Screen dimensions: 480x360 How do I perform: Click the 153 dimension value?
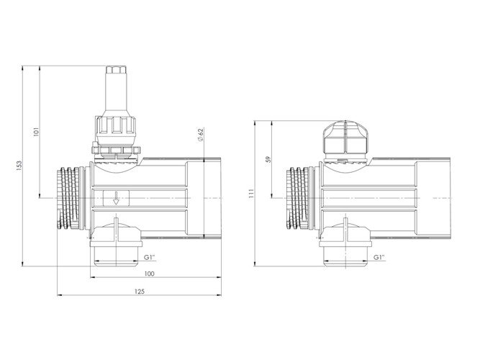[x=19, y=166]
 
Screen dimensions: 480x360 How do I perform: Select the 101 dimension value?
[x=37, y=132]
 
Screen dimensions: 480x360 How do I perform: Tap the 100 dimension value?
[x=150, y=274]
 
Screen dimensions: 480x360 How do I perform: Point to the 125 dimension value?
[x=140, y=292]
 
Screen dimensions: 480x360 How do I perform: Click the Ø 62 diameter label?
[x=201, y=135]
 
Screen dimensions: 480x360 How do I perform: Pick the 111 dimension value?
[x=251, y=194]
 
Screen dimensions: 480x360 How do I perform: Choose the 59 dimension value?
[x=268, y=159]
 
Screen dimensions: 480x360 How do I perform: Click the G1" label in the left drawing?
[x=150, y=257]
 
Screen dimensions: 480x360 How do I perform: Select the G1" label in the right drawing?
[x=379, y=257]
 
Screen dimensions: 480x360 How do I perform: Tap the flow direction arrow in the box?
[x=116, y=198]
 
